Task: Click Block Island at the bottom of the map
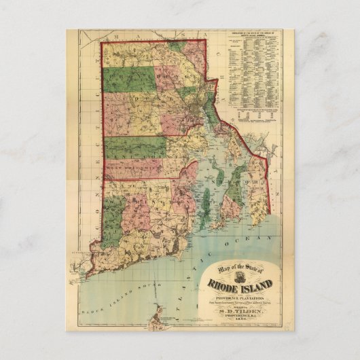click(x=164, y=314)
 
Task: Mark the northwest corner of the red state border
click(x=103, y=43)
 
